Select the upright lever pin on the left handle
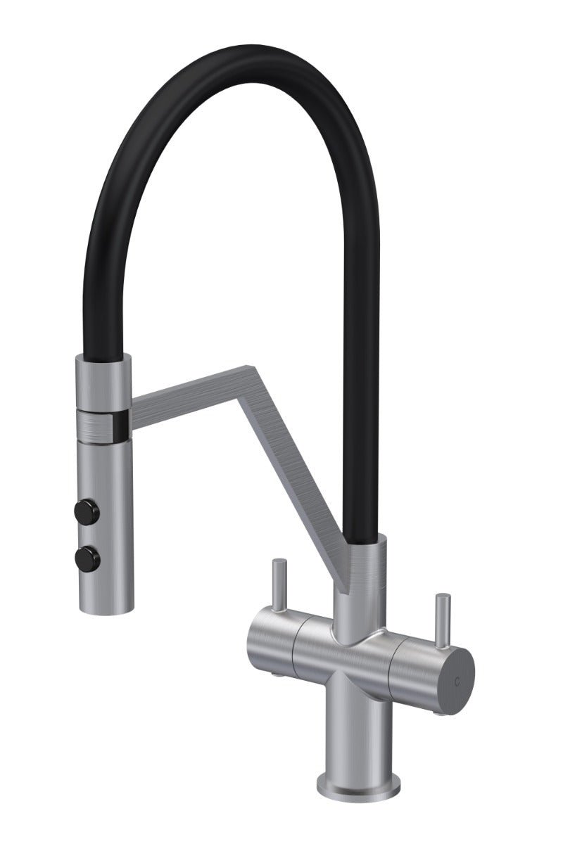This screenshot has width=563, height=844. tap(279, 581)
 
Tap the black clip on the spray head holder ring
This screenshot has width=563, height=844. tap(122, 423)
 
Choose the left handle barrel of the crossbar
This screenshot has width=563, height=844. tap(271, 641)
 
